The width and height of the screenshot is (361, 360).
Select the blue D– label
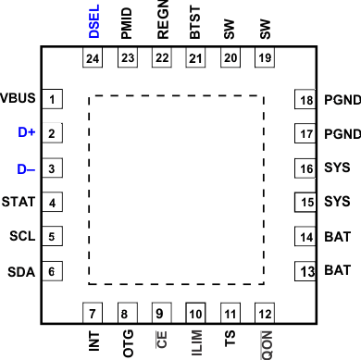pos(26,168)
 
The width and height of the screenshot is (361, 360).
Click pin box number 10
pos(194,312)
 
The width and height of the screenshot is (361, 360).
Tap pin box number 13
pos(305,271)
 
